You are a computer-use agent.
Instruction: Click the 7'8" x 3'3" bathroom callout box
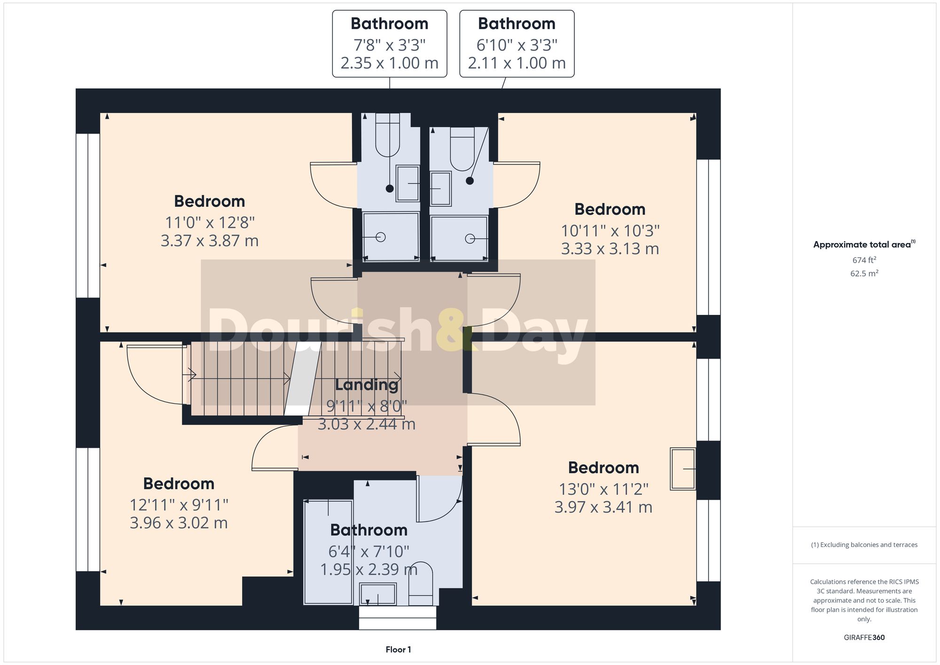(389, 44)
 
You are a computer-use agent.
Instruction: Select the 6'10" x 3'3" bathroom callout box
(517, 44)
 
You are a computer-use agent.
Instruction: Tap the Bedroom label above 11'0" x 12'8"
(209, 202)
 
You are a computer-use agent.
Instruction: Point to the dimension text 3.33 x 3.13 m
(610, 249)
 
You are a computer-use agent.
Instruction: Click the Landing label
(367, 385)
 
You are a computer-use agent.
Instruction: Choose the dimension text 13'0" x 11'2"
(603, 489)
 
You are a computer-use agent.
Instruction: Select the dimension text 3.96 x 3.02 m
(179, 523)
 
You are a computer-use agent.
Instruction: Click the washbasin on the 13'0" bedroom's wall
(683, 469)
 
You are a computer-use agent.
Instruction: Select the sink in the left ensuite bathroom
(407, 183)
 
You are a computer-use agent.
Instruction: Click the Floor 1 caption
(398, 649)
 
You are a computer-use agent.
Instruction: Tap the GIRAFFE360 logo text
(864, 638)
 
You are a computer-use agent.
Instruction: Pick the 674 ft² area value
(864, 260)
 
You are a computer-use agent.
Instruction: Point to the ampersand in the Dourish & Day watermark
(454, 329)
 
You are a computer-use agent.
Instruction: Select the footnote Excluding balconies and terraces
(864, 545)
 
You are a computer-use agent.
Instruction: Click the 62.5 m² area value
(864, 273)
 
